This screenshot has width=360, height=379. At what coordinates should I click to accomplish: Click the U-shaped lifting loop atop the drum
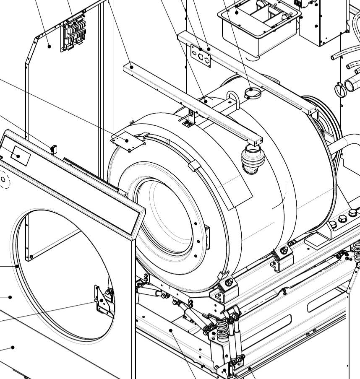point(232,101)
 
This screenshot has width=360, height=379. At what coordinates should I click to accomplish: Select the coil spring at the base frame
point(222,327)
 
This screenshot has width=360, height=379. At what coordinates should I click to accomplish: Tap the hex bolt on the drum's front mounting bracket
point(229,283)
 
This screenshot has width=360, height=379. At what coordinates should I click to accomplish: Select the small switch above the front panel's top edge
point(53,149)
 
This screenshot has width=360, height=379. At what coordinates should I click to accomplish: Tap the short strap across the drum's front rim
point(194,166)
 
